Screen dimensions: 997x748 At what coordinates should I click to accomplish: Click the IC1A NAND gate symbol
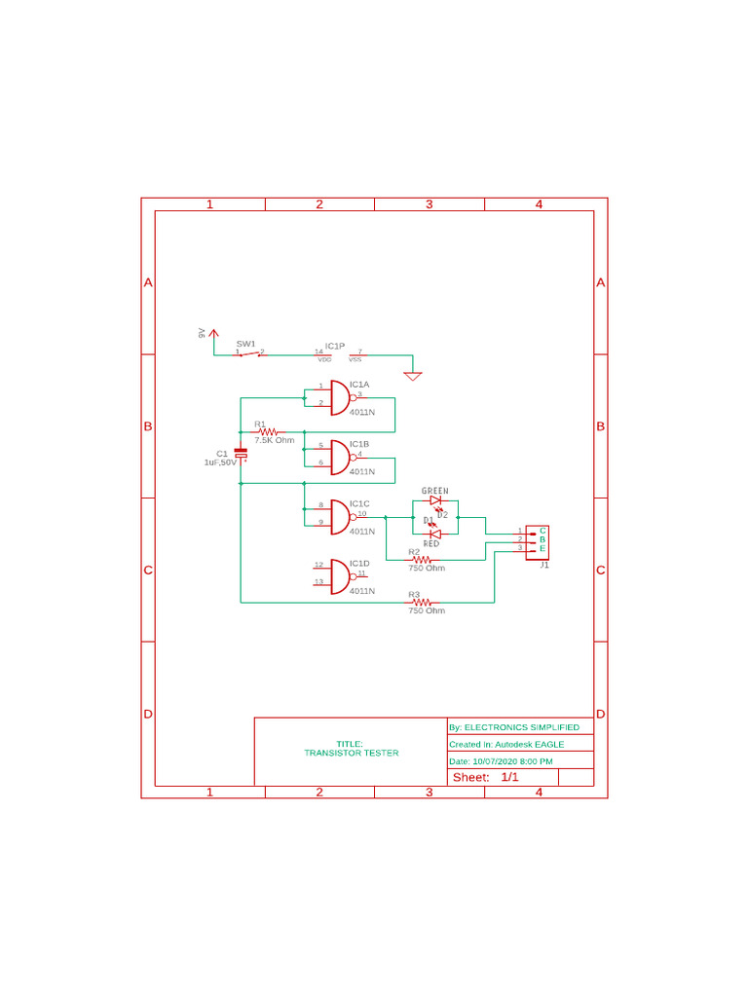(x=339, y=397)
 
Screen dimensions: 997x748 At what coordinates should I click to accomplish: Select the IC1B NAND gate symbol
(x=339, y=457)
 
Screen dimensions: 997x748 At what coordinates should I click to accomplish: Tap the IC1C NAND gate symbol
(x=339, y=517)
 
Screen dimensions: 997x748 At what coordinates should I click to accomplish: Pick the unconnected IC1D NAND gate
(x=339, y=576)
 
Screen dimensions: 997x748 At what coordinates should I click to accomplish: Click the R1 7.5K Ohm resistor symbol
(x=268, y=431)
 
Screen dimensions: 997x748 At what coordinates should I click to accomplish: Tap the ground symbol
(x=413, y=375)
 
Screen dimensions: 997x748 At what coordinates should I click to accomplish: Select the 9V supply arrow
(x=214, y=334)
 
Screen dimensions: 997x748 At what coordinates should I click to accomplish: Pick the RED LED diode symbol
(x=435, y=533)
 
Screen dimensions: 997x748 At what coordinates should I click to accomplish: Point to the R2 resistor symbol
(x=421, y=560)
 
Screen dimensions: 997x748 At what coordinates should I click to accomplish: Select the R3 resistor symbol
(x=421, y=603)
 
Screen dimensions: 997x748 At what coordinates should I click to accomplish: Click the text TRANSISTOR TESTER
(x=352, y=753)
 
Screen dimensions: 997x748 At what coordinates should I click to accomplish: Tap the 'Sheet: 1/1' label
(x=486, y=777)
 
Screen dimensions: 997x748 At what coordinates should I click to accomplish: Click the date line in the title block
(x=502, y=760)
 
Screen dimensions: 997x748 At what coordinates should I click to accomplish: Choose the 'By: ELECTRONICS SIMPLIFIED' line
(x=514, y=727)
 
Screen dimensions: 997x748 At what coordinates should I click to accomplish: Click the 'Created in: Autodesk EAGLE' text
(x=506, y=744)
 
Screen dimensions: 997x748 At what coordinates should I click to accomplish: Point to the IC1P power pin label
(x=335, y=346)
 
